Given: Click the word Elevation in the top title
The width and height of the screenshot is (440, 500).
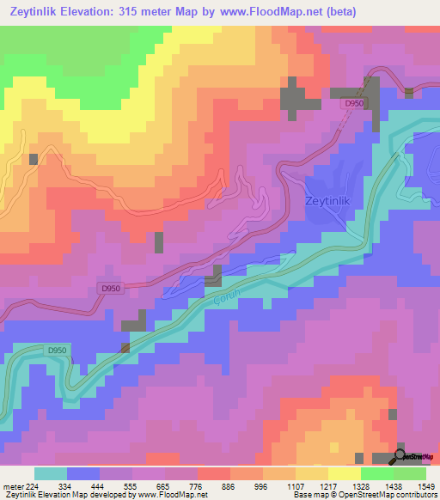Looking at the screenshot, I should [101, 12].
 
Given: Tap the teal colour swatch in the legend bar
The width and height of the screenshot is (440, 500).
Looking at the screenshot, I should [51, 473].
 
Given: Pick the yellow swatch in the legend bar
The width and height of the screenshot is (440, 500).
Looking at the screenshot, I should [343, 473].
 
